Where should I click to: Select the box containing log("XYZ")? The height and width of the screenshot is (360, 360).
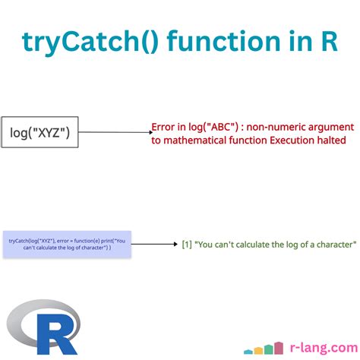click(x=39, y=133)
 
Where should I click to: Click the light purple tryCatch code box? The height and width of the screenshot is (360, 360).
click(x=67, y=244)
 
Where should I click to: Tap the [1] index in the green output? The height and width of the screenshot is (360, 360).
click(x=186, y=245)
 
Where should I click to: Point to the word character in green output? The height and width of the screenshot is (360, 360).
click(x=332, y=245)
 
